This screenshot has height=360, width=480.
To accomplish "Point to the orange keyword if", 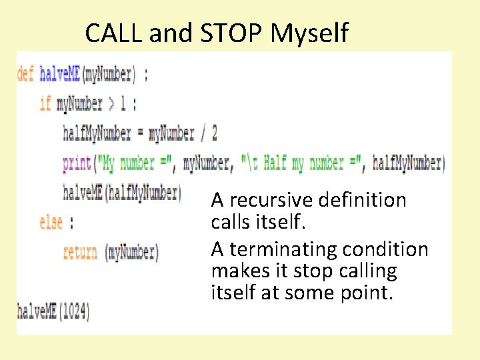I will (45, 103).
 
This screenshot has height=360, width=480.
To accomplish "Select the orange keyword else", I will (51, 222).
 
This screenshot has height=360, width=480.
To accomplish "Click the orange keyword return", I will (80, 252).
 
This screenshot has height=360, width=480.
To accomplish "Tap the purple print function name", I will (77, 163).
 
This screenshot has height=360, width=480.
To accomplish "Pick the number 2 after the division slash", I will (213, 133).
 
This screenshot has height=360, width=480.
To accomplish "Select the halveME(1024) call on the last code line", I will (53, 311).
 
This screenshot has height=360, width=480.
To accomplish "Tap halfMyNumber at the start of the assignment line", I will (97, 133).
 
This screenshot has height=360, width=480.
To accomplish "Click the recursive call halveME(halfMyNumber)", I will (121, 193).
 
